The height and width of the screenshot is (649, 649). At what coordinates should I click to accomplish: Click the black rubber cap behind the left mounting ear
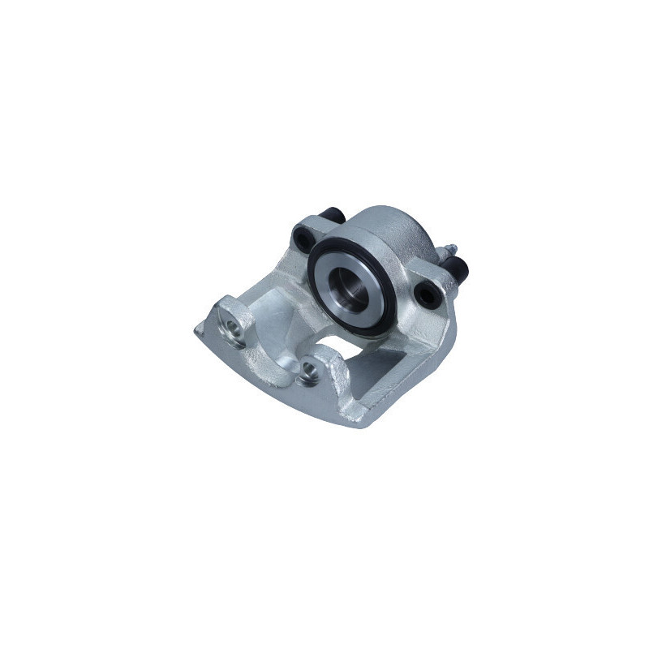pyautogui.click(x=332, y=217)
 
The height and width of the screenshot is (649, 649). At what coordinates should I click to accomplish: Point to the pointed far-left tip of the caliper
pyautogui.click(x=196, y=332)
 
